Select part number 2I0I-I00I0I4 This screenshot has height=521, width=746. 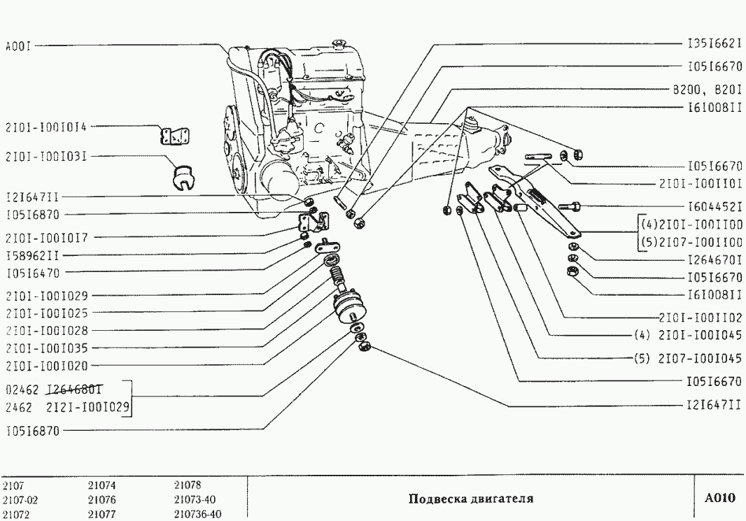[x=46, y=127]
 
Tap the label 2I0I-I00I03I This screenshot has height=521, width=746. [x=46, y=157]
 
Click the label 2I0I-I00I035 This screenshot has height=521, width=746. [x=46, y=348]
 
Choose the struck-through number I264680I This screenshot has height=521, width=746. [x=76, y=389]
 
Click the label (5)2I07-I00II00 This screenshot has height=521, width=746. [x=691, y=243]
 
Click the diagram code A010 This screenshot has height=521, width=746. [x=720, y=499]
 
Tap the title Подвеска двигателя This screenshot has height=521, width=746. [x=470, y=499]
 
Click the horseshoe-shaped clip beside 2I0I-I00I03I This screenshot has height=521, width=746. [x=183, y=177]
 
